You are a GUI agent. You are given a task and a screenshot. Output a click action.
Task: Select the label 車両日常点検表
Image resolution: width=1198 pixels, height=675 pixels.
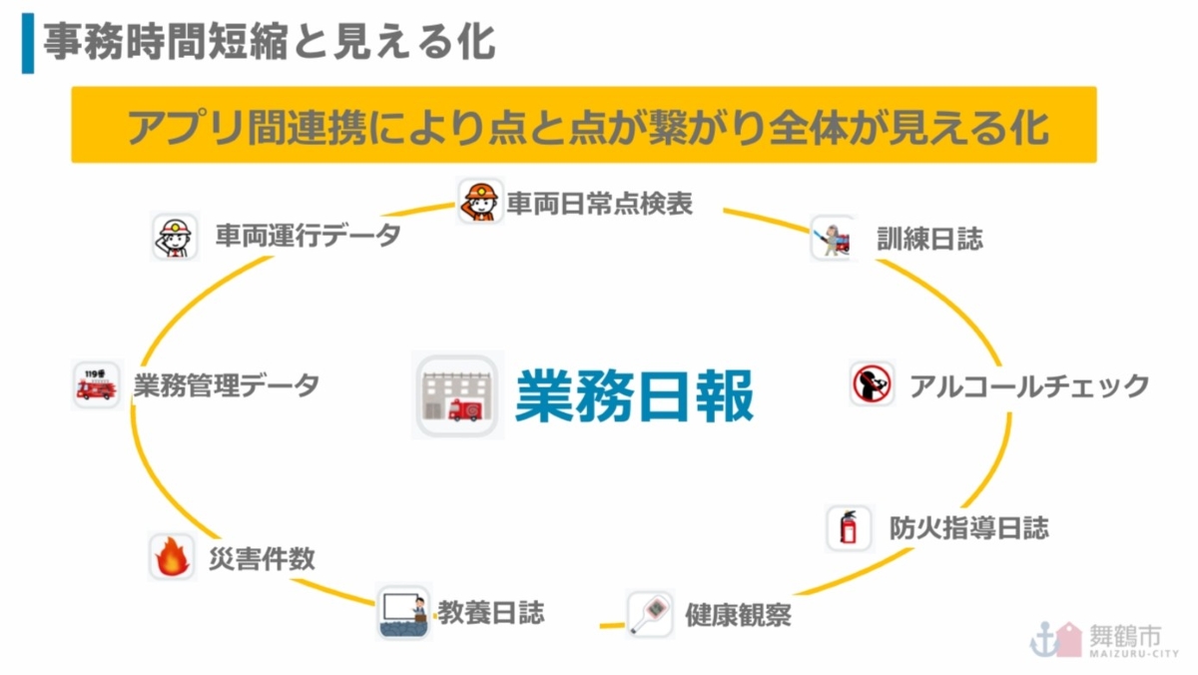(599, 204)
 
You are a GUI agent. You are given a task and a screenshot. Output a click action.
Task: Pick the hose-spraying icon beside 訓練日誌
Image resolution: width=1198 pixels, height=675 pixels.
(833, 238)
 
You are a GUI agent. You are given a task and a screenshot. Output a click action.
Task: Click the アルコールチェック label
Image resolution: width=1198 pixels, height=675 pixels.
(1028, 385)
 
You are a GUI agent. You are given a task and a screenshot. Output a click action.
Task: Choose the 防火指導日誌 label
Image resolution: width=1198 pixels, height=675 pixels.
(968, 527)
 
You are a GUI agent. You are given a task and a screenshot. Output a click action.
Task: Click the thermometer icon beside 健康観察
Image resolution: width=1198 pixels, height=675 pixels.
(650, 613)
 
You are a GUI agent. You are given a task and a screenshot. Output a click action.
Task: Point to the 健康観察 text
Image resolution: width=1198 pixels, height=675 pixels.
(738, 614)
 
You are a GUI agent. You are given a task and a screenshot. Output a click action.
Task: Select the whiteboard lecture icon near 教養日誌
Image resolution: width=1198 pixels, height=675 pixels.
(404, 611)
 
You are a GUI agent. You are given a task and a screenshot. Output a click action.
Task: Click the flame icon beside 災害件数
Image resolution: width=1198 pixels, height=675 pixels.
(173, 557)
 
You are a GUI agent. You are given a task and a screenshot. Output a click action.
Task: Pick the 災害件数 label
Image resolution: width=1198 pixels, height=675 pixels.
(262, 558)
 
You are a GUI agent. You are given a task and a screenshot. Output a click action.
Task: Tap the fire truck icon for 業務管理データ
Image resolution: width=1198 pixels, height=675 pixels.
(97, 384)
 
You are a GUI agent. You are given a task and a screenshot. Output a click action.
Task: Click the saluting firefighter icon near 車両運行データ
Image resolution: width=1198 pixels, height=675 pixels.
(176, 237)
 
